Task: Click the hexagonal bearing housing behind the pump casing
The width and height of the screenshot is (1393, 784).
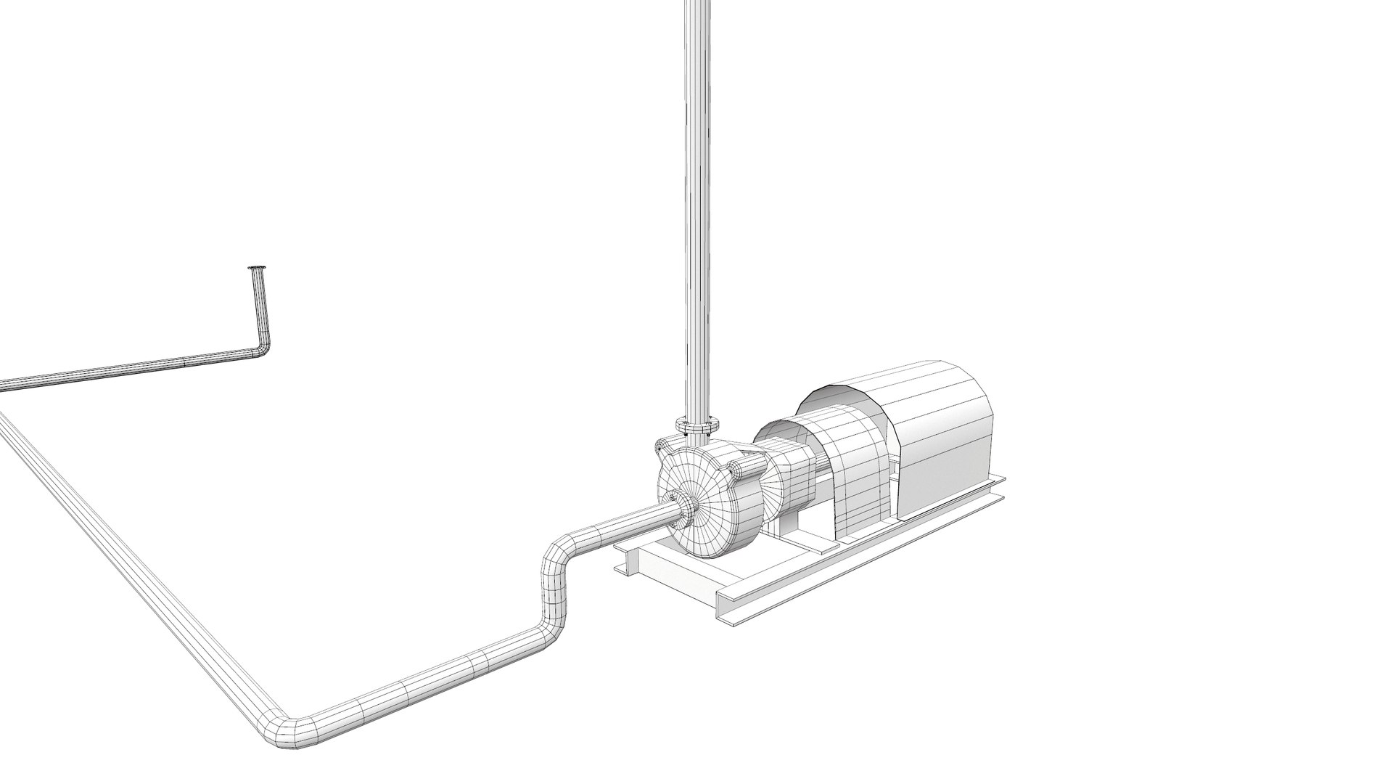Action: point(787,479)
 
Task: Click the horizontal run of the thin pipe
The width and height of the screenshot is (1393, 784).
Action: point(131,370)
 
